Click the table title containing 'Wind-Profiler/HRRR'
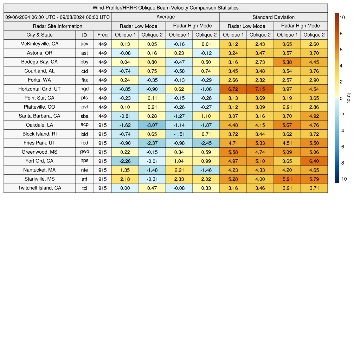click(x=166, y=8)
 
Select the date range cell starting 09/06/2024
click(x=58, y=17)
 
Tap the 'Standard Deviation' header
click(x=274, y=17)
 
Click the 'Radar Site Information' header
click(x=58, y=26)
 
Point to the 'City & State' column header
click(x=40, y=35)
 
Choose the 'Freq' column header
click(x=103, y=35)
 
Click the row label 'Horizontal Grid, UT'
click(x=40, y=89)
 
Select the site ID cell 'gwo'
click(x=84, y=152)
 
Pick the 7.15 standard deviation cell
click(x=260, y=89)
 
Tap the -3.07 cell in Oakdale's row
click(x=152, y=125)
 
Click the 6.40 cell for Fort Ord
click(x=314, y=161)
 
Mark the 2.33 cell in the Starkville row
click(x=179, y=179)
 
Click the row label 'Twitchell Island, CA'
click(x=40, y=188)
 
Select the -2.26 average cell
click(x=125, y=161)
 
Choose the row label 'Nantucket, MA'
click(x=40, y=170)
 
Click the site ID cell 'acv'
click(x=84, y=44)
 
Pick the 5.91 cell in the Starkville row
click(x=287, y=179)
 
